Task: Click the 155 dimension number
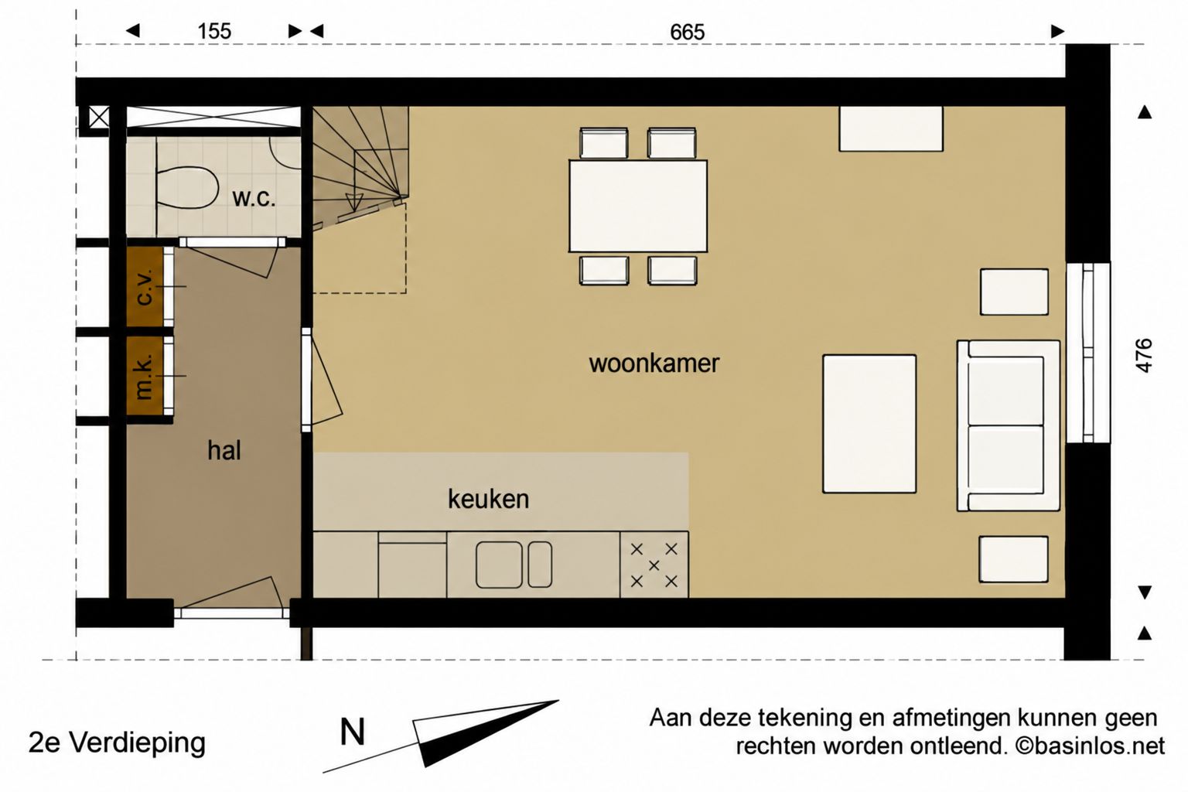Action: pyautogui.click(x=214, y=31)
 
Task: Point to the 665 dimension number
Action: pyautogui.click(x=688, y=32)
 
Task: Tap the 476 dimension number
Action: pyautogui.click(x=1145, y=356)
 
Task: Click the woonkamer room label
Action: pyautogui.click(x=654, y=364)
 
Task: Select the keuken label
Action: pyautogui.click(x=489, y=499)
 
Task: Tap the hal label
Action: pyautogui.click(x=224, y=450)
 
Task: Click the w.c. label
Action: pyautogui.click(x=254, y=198)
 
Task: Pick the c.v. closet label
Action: pyautogui.click(x=145, y=287)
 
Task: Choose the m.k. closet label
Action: pyautogui.click(x=145, y=376)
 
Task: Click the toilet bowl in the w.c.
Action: pyautogui.click(x=188, y=187)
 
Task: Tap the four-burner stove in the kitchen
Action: pyautogui.click(x=654, y=565)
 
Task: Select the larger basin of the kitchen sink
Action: pyautogui.click(x=499, y=565)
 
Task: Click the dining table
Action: pyautogui.click(x=638, y=206)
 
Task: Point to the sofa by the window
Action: pyautogui.click(x=1009, y=426)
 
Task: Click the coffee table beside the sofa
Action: pyautogui.click(x=869, y=424)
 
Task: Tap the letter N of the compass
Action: pyautogui.click(x=352, y=732)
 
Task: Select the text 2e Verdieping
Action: pyautogui.click(x=117, y=743)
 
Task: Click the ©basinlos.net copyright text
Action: pyautogui.click(x=1090, y=746)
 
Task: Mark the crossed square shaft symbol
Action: pyautogui.click(x=99, y=118)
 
